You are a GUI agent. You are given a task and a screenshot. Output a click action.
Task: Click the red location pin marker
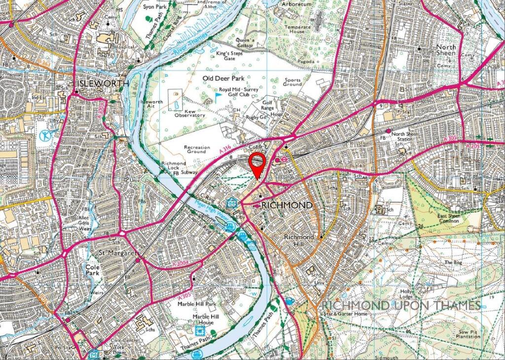point(257,163)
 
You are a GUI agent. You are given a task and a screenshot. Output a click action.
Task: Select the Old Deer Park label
point(223,78)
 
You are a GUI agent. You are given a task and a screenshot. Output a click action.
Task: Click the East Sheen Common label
point(449,218)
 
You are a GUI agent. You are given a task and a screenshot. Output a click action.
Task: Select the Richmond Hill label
point(298,240)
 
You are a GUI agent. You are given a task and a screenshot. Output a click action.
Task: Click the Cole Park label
point(92,269)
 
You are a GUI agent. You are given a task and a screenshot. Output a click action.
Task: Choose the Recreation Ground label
point(197,149)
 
